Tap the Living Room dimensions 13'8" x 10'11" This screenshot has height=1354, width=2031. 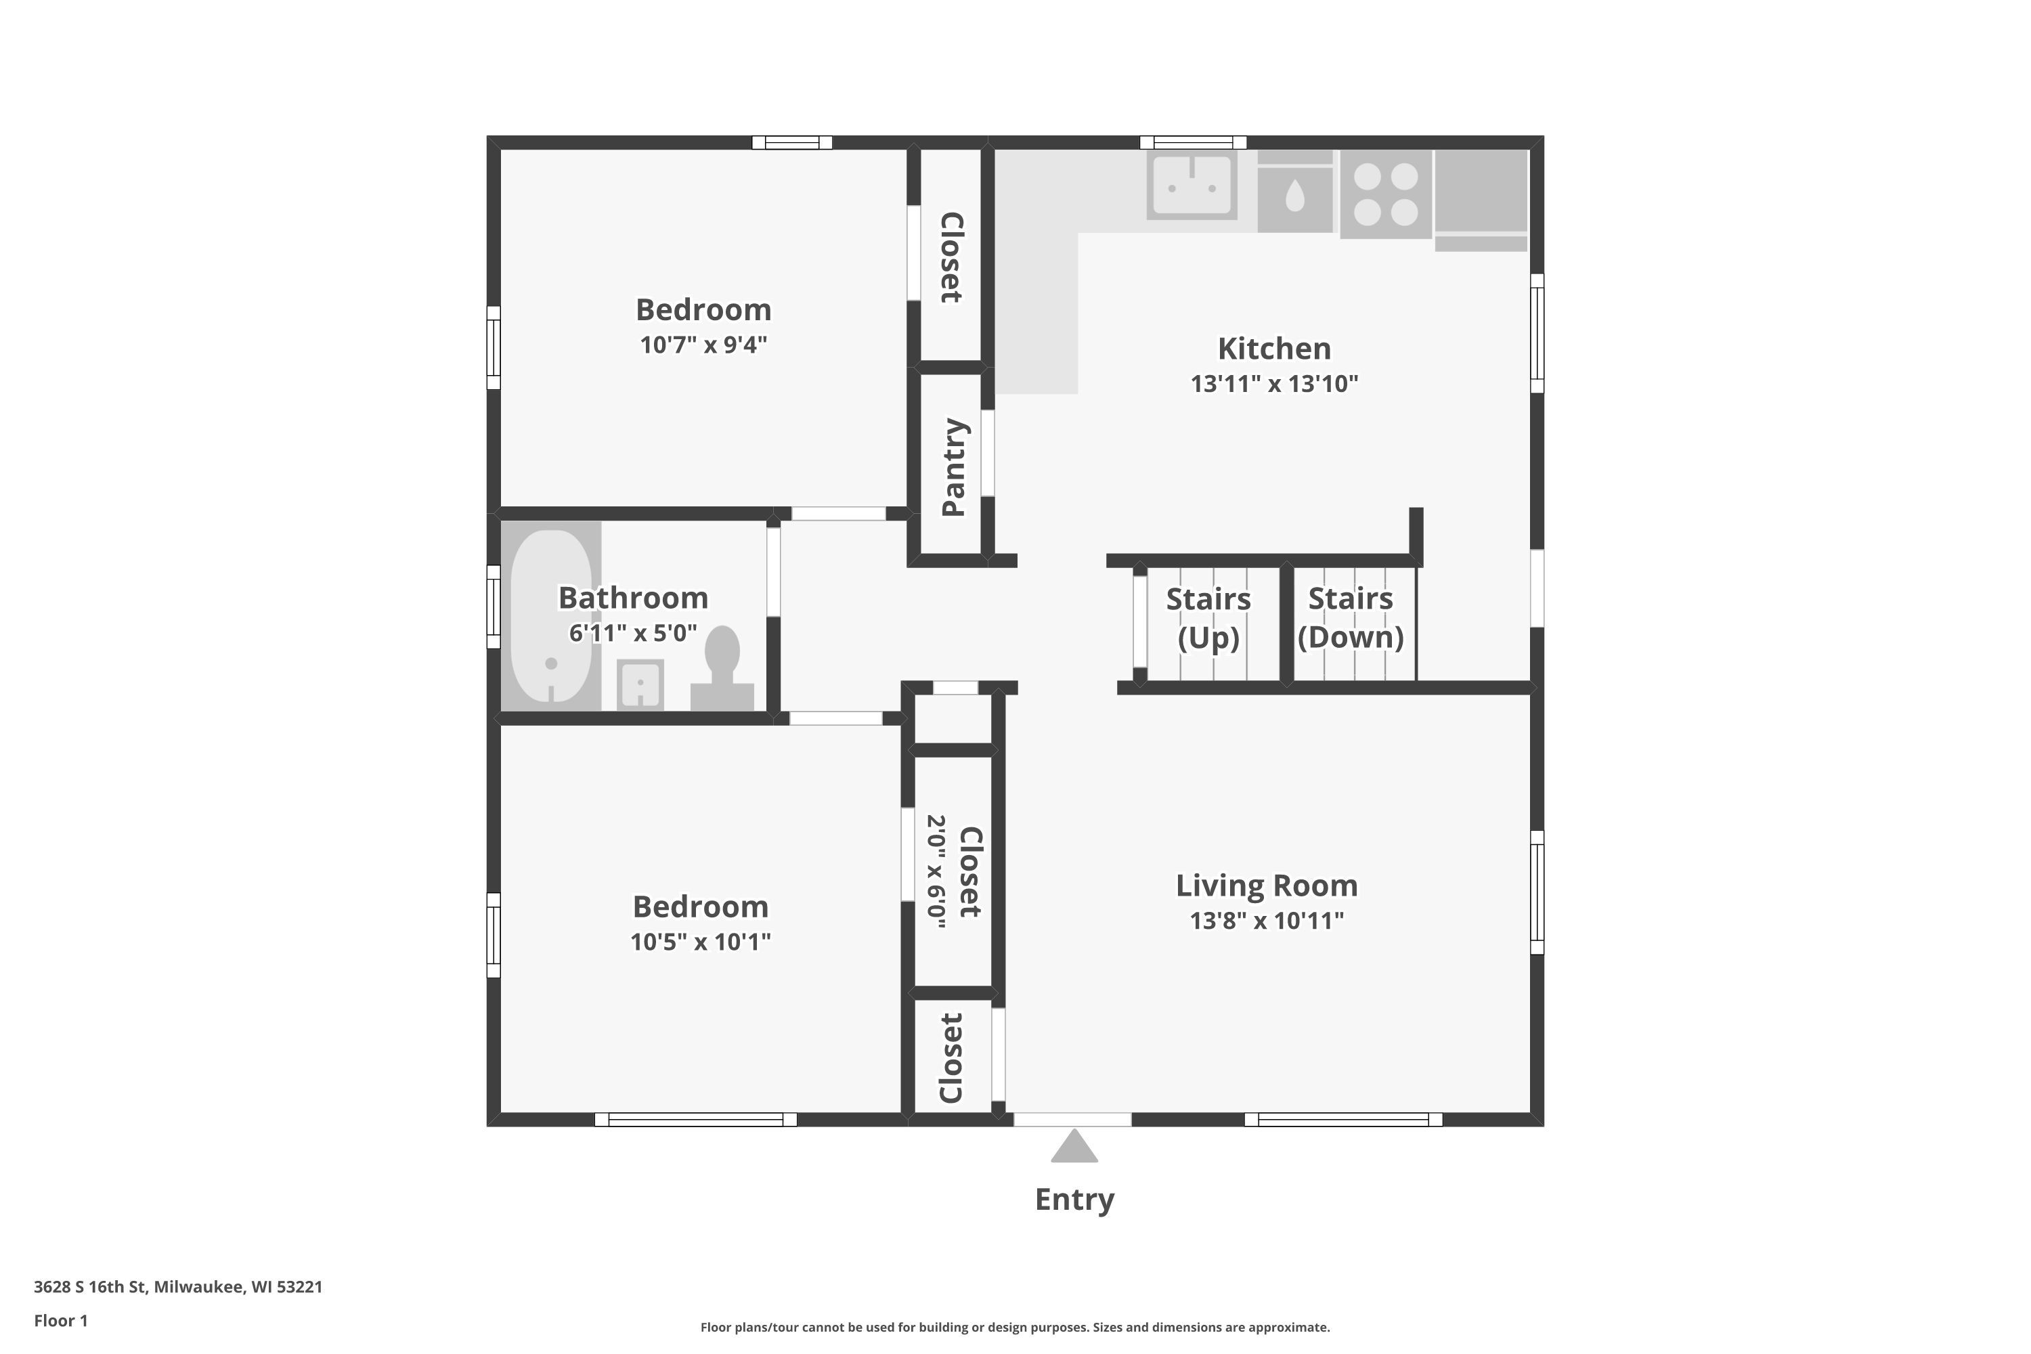[1267, 921]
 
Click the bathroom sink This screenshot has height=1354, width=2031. [640, 684]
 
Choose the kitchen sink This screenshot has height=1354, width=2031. [1192, 185]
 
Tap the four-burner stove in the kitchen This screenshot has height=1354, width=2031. [1386, 194]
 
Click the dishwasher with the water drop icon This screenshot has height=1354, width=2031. [1294, 192]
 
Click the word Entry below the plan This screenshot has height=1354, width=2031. [1074, 1200]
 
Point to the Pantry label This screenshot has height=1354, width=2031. [953, 467]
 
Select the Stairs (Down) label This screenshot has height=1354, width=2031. [1351, 618]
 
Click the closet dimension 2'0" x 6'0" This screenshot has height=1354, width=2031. [937, 871]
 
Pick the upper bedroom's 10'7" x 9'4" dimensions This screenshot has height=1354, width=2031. [704, 345]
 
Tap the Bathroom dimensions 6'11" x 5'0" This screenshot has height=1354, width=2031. [633, 634]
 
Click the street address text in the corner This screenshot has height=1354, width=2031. [178, 1287]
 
